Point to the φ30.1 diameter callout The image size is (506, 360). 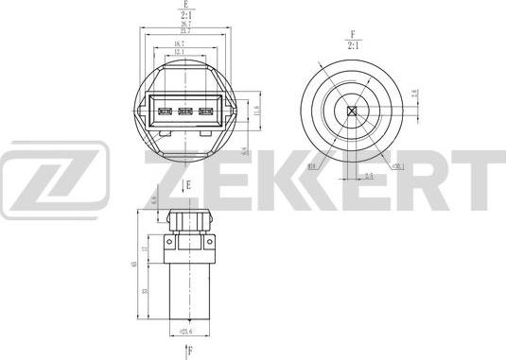tap(397, 167)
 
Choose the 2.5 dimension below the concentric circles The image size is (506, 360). tap(370, 176)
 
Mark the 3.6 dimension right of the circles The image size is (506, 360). tap(413, 94)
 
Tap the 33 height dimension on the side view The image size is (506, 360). tap(145, 293)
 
